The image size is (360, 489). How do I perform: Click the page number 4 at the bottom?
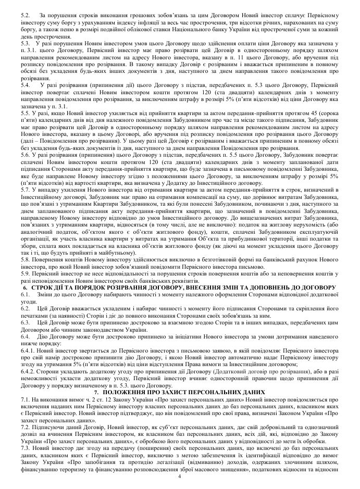(x=180, y=477)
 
